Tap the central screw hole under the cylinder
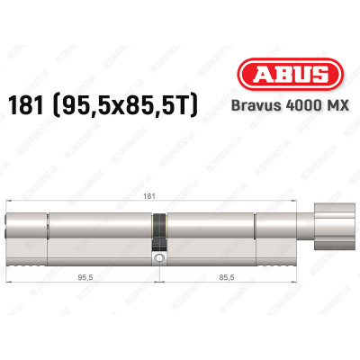pyautogui.click(x=158, y=258)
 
